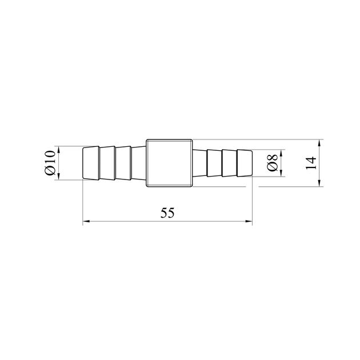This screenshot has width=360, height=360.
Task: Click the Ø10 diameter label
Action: (x=50, y=163)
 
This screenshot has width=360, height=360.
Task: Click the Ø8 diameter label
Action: (x=273, y=163)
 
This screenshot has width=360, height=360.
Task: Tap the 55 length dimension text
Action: (x=167, y=213)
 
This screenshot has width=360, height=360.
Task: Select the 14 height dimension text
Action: (x=311, y=163)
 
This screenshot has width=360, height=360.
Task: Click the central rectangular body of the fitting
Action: (x=169, y=163)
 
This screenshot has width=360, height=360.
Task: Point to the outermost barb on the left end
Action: (x=91, y=163)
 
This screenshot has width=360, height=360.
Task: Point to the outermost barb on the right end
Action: (x=245, y=163)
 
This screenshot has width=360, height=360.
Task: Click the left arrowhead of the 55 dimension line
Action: (x=86, y=221)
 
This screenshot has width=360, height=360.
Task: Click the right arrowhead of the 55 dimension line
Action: (x=249, y=221)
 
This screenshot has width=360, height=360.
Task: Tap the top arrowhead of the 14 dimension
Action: (x=319, y=143)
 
